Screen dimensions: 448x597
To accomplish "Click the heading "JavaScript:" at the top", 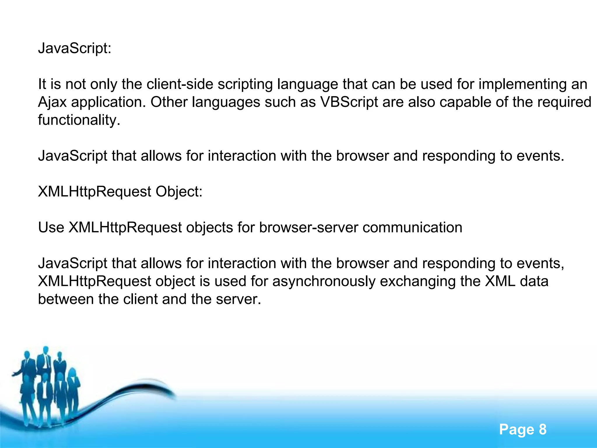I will tap(75, 48).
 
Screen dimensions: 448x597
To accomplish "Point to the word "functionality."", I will tap(79, 120).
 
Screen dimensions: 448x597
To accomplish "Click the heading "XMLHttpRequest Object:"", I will tap(120, 192).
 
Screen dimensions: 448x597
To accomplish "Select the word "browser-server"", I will tap(309, 228).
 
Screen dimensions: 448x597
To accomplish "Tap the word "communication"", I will tap(412, 228).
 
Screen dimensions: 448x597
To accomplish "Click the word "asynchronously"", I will tap(324, 281).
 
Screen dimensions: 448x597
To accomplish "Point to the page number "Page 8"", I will tap(523, 429).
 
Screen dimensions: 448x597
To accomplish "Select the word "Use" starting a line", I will tap(51, 228).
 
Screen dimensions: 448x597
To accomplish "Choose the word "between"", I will tap(66, 299).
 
